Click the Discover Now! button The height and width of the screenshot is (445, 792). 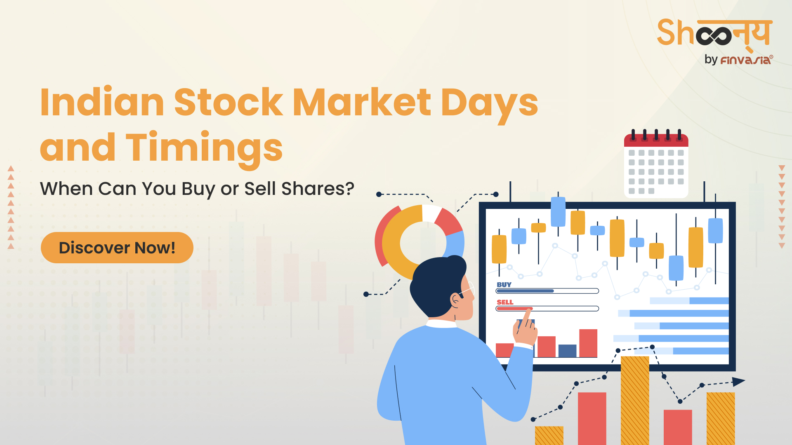(117, 248)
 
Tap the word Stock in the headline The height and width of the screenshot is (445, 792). (229, 102)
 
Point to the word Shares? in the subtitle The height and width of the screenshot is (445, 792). (318, 189)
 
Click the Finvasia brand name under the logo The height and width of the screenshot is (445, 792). (746, 60)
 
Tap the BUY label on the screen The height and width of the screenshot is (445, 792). (504, 285)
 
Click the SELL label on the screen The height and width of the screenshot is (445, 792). (505, 302)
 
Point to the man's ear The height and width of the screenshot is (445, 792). (455, 299)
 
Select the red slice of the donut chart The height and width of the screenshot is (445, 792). (448, 222)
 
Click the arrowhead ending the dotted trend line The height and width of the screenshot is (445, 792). (738, 382)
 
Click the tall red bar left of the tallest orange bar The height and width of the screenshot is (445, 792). (592, 419)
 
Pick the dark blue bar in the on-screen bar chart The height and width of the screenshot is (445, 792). (567, 351)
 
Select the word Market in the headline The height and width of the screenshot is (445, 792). (362, 102)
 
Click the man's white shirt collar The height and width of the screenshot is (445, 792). (441, 324)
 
